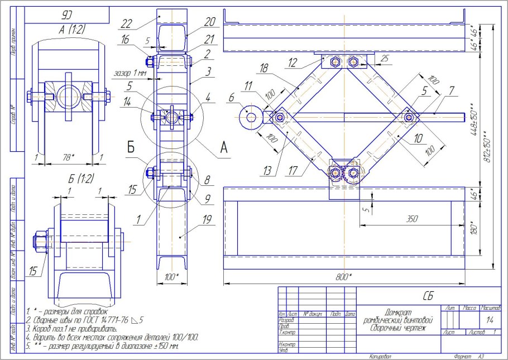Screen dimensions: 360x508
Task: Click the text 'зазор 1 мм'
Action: click(130, 73)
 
